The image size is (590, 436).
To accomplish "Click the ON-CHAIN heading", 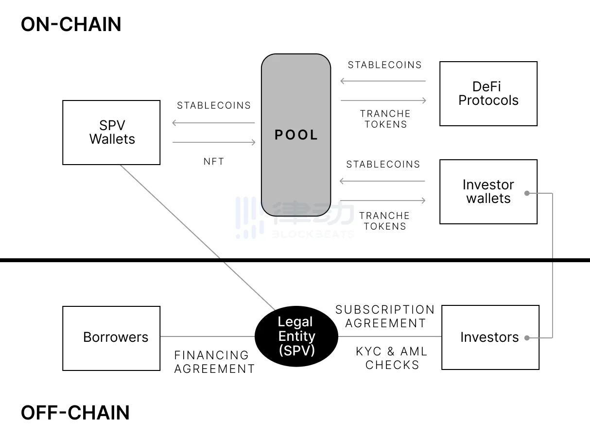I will [x=71, y=24].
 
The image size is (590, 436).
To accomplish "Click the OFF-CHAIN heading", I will [x=75, y=413].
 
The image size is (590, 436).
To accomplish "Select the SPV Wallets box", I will [x=111, y=133].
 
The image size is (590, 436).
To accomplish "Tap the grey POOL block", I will [x=296, y=135].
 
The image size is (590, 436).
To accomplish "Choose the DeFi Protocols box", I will [x=488, y=94].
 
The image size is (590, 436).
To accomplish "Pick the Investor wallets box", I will [x=488, y=192].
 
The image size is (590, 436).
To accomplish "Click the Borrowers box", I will [x=111, y=338].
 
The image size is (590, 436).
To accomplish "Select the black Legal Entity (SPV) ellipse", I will [x=296, y=336].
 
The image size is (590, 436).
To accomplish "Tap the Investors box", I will [x=489, y=337].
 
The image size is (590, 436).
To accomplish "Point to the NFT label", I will [x=214, y=162].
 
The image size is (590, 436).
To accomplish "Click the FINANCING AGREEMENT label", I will [x=214, y=362].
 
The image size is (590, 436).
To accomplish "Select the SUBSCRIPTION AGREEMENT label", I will [x=385, y=316].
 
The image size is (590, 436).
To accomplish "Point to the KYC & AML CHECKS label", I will [x=392, y=358].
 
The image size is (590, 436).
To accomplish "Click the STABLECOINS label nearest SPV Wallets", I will [x=214, y=105].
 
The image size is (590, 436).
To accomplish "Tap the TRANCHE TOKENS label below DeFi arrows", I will [x=385, y=119].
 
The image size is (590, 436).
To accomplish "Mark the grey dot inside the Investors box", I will [x=527, y=338].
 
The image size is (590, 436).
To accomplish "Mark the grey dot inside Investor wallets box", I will [x=527, y=193].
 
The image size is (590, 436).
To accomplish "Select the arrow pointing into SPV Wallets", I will [x=214, y=123].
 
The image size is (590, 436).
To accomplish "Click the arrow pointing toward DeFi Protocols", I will [x=383, y=101].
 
